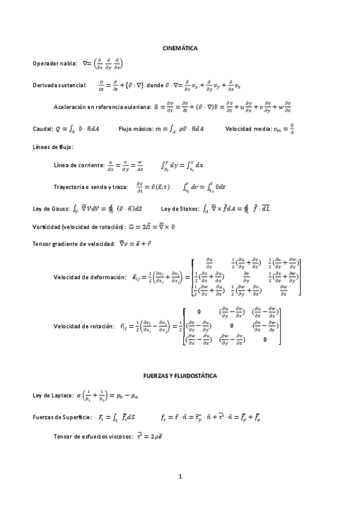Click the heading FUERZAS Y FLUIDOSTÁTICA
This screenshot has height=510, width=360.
(180, 375)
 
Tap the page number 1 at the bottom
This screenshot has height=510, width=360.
(180, 477)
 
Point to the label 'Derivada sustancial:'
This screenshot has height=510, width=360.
(60, 85)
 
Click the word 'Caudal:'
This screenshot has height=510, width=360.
(43, 129)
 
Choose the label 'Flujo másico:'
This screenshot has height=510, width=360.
(135, 129)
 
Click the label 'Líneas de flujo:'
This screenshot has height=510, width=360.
(53, 147)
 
